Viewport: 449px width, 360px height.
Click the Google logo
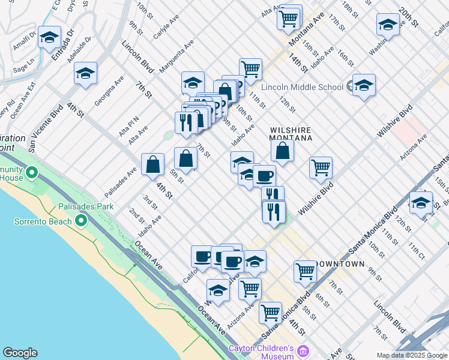click(20, 353)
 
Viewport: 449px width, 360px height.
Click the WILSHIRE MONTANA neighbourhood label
click(291, 133)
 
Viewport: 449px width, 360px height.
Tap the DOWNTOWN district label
click(340, 264)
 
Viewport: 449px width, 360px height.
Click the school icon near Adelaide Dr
click(86, 74)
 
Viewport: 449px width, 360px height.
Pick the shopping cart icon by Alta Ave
click(289, 18)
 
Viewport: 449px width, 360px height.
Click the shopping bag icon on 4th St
click(153, 164)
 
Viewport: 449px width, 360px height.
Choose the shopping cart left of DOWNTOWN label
click(305, 271)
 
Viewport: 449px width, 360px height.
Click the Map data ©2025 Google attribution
click(412, 355)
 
